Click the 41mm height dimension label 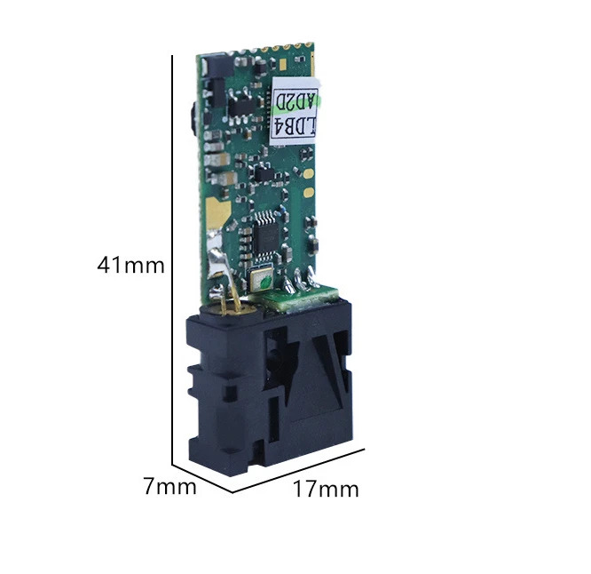click(130, 266)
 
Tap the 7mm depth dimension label click(170, 486)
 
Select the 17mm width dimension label click(326, 489)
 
